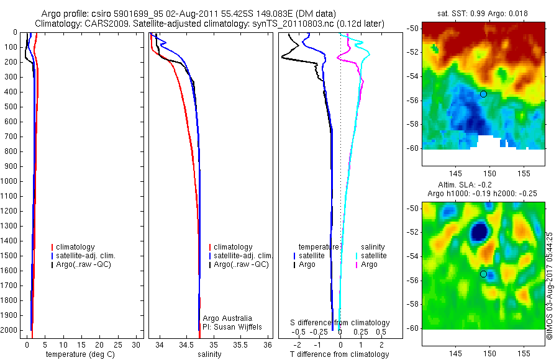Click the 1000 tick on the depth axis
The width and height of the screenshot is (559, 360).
click(x=12, y=181)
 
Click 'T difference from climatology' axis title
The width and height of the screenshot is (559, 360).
click(x=339, y=355)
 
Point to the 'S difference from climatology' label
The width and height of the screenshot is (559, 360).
click(x=340, y=323)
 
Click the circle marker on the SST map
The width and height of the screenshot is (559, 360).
click(x=483, y=94)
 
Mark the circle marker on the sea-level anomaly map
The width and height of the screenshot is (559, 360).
click(x=483, y=274)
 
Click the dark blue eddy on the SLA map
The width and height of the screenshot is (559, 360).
click(x=479, y=232)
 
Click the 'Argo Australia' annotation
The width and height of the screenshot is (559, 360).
click(x=227, y=318)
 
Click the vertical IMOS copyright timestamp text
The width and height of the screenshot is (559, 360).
click(x=550, y=286)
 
